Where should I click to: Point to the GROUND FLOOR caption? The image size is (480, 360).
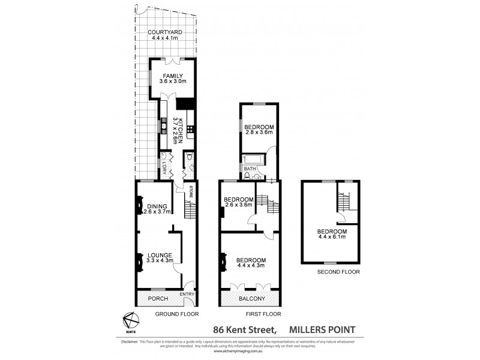click(x=176, y=314)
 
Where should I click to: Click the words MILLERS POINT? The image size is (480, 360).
click(x=322, y=329)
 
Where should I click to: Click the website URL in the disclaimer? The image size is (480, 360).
click(x=240, y=352)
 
